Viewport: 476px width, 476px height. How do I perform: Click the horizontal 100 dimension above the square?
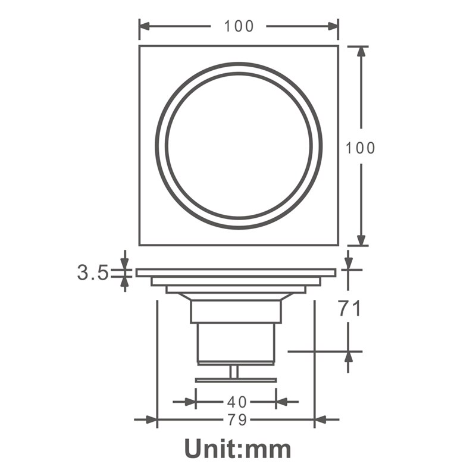239,26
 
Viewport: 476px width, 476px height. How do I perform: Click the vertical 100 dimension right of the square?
361,148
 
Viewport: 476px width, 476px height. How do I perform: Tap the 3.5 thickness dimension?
92,273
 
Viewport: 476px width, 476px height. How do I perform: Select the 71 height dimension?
349,309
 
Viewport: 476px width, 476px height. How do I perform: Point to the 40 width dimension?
236,402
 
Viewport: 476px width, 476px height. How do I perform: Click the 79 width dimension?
236,420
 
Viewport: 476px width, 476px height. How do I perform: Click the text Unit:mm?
237,448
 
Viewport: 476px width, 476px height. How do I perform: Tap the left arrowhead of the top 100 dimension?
146,26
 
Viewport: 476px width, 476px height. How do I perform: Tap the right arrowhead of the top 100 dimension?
331,26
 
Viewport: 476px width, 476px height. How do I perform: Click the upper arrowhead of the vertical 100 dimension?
361,53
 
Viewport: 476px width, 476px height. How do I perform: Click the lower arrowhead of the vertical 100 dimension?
361,238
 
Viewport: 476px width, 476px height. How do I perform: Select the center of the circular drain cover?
239,146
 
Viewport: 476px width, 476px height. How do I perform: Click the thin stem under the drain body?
234,371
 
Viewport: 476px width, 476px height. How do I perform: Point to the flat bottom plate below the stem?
236,380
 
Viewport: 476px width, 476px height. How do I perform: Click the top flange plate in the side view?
236,273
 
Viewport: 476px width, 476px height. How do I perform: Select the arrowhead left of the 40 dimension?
190,402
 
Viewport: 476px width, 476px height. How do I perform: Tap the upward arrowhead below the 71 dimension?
349,357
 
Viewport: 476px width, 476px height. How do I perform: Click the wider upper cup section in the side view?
236,311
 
